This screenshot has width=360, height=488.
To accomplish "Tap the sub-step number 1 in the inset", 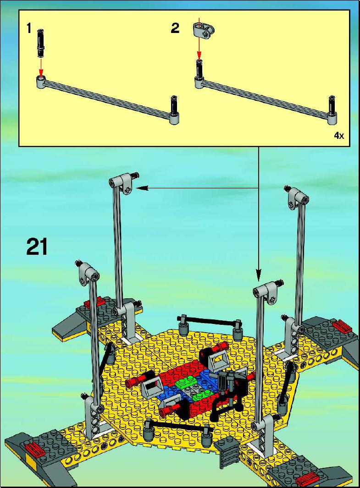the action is [29, 29].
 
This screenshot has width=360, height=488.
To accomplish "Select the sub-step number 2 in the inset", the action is [175, 28].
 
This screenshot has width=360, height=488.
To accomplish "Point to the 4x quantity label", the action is [339, 135].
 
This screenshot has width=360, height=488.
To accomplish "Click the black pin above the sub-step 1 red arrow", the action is [40, 43].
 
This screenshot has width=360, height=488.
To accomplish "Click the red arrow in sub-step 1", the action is [40, 66].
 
